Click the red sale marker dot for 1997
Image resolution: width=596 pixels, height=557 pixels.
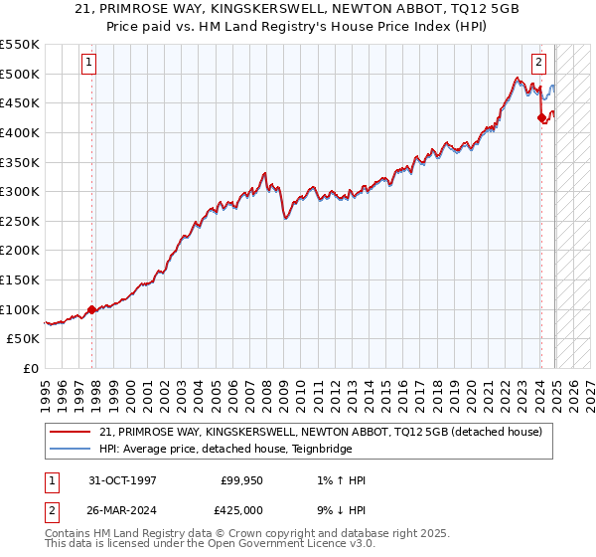[x=92, y=309]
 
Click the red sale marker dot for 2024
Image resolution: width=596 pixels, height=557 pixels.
[x=541, y=118]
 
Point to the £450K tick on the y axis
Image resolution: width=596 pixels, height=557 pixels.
[x=20, y=103]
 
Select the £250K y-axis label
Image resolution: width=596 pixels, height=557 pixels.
[x=20, y=221]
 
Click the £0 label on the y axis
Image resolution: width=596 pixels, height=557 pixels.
[x=29, y=368]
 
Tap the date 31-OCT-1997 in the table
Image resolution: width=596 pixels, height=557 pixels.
[x=122, y=480]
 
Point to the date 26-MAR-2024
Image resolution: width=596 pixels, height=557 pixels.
[x=123, y=510]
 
